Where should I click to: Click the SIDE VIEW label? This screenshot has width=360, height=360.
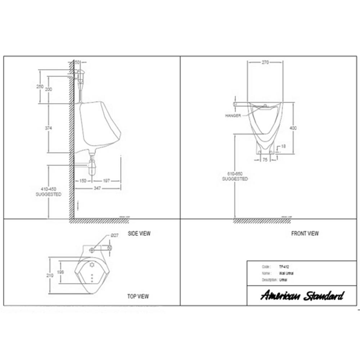click(139, 234)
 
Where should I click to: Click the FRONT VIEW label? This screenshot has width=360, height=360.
click(305, 234)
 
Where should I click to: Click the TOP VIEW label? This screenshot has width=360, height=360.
click(138, 297)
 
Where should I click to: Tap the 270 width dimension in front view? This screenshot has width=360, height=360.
click(265, 62)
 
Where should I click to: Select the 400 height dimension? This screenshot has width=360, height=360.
click(296, 128)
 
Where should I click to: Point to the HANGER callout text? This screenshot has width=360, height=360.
click(233, 116)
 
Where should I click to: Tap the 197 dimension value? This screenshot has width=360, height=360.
click(106, 181)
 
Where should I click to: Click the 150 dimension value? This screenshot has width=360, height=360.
click(83, 181)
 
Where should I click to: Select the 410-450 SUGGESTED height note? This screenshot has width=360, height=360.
click(48, 192)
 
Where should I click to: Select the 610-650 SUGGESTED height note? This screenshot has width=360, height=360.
click(235, 176)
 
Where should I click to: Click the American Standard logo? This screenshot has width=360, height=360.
click(302, 296)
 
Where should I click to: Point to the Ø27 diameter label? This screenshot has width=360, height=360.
click(115, 235)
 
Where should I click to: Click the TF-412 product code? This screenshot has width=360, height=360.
click(284, 267)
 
